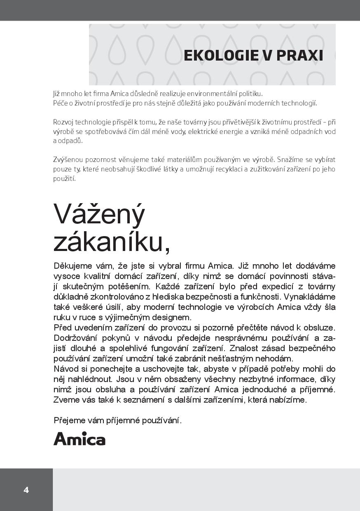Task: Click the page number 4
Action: [26, 490]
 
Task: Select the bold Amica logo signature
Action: [79, 439]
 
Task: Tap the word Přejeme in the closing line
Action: [69, 420]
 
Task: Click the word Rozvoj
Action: [63, 122]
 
